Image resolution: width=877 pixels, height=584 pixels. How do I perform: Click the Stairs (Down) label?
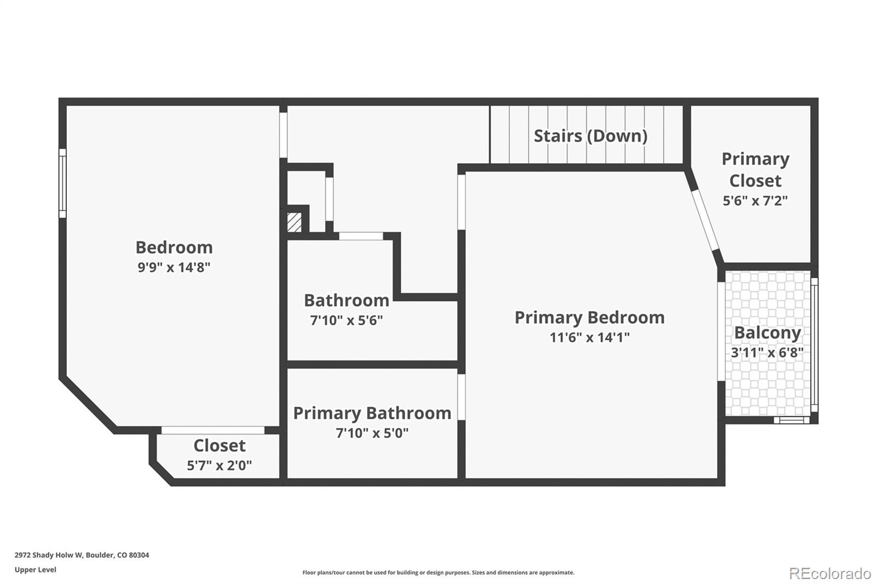pyautogui.click(x=590, y=136)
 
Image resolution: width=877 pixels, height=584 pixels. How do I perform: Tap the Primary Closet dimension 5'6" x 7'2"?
pyautogui.click(x=755, y=201)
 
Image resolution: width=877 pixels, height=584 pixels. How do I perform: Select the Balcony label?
pyautogui.click(x=767, y=333)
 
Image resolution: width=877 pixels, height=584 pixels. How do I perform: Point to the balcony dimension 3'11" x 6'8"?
pyautogui.click(x=767, y=352)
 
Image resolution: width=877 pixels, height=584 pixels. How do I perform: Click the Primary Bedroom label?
pyautogui.click(x=589, y=317)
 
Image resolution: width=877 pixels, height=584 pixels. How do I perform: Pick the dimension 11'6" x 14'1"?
pyautogui.click(x=589, y=337)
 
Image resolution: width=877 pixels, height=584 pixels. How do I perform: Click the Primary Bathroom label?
pyautogui.click(x=372, y=413)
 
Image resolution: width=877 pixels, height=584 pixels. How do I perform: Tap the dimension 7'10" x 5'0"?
pyautogui.click(x=372, y=433)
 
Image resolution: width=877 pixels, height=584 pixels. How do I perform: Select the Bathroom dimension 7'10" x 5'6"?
pyautogui.click(x=346, y=320)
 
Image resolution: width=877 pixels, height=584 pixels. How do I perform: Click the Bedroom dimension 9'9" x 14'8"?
pyautogui.click(x=174, y=267)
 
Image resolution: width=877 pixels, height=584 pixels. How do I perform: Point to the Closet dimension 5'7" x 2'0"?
pyautogui.click(x=219, y=465)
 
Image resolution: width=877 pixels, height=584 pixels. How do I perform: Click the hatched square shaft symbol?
pyautogui.click(x=294, y=222)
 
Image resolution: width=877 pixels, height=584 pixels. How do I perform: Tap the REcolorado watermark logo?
pyautogui.click(x=829, y=573)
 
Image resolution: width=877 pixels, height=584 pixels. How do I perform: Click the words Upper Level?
pyautogui.click(x=35, y=570)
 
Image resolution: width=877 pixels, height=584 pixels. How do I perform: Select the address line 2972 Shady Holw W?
pyautogui.click(x=82, y=555)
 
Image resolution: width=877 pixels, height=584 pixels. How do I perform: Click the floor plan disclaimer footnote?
pyautogui.click(x=438, y=572)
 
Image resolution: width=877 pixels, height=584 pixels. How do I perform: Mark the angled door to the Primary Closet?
pyautogui.click(x=705, y=219)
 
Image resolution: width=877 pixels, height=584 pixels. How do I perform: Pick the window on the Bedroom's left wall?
pyautogui.click(x=62, y=183)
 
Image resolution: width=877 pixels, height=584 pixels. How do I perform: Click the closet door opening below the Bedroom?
pyautogui.click(x=213, y=430)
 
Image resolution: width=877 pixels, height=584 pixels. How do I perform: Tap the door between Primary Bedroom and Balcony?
pyautogui.click(x=721, y=331)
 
